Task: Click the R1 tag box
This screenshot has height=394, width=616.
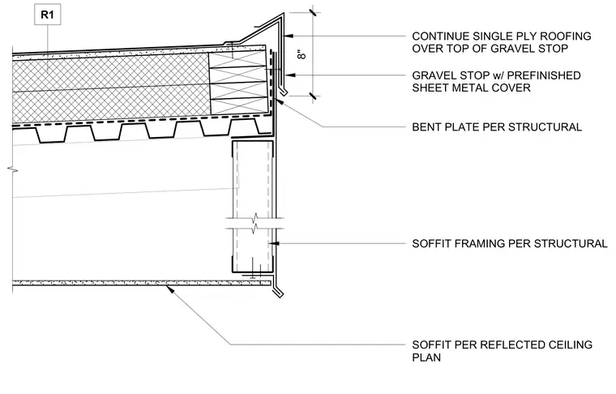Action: point(48,15)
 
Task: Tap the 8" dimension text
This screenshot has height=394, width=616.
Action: point(302,54)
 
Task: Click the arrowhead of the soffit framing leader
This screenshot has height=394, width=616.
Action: point(274,243)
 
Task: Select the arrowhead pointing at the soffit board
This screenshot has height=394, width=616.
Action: point(169,289)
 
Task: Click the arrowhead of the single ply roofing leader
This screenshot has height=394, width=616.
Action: point(289,36)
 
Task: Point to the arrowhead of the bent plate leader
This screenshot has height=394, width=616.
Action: point(279,101)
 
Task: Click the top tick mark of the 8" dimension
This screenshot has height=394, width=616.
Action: point(313,12)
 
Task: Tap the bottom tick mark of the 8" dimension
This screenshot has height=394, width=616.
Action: point(313,96)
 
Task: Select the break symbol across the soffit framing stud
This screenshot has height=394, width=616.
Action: point(255,223)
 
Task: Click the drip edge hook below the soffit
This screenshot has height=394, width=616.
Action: point(277,291)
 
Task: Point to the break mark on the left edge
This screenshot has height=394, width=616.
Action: point(12,169)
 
